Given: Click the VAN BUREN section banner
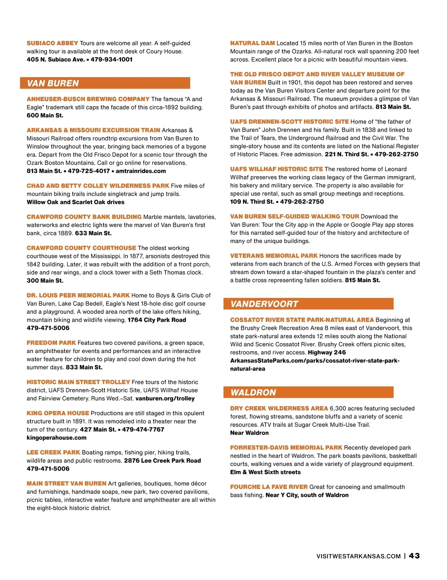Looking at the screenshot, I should point(105,83).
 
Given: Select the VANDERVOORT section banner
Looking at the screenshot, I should point(308,304).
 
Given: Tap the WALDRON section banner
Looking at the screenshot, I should point(308,392).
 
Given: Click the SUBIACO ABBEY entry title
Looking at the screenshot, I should point(52,43).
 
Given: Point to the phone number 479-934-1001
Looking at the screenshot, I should point(111,60).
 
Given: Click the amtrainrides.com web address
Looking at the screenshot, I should point(141,171).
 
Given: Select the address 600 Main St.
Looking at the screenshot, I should point(45,115).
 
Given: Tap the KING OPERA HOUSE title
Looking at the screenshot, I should point(58,413).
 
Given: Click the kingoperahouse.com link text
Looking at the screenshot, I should point(56,438).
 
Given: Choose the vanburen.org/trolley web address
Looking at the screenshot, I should point(165,399).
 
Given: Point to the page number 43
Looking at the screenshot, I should point(414,556).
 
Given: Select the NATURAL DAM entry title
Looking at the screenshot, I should point(252,43).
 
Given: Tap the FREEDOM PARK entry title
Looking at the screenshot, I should point(51,343).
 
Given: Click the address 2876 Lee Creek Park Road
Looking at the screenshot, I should point(162,461).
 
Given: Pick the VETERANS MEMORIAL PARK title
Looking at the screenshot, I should point(274,256).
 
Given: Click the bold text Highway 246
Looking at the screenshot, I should point(327,353).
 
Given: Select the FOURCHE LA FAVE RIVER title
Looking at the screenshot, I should point(269,487).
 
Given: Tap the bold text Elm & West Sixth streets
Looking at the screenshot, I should point(265,472).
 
